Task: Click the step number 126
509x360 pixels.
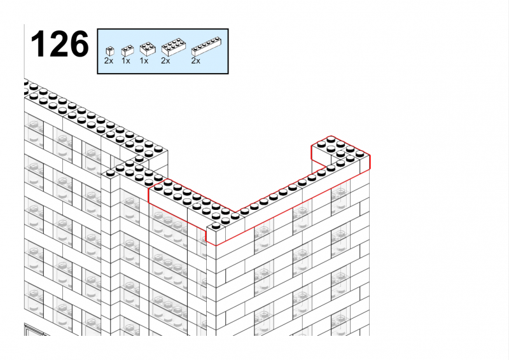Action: pyautogui.click(x=59, y=44)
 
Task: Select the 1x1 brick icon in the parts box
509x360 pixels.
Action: pyautogui.click(x=110, y=52)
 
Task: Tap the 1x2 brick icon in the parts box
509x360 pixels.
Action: pyautogui.click(x=128, y=51)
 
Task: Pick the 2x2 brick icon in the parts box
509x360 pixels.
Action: pyautogui.click(x=148, y=50)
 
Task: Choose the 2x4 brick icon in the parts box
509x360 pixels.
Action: pyautogui.click(x=174, y=48)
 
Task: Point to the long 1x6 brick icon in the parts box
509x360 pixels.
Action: pyautogui.click(x=207, y=46)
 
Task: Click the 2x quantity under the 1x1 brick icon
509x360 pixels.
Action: pyautogui.click(x=109, y=60)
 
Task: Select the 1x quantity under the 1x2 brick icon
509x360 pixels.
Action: pyautogui.click(x=126, y=60)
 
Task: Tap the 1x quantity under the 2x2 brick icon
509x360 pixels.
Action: pyautogui.click(x=144, y=60)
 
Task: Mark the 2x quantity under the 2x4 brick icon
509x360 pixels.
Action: pyautogui.click(x=165, y=60)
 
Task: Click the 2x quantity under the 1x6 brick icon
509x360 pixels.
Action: pyautogui.click(x=196, y=60)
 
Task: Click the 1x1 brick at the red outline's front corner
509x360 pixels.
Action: pyautogui.click(x=216, y=233)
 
